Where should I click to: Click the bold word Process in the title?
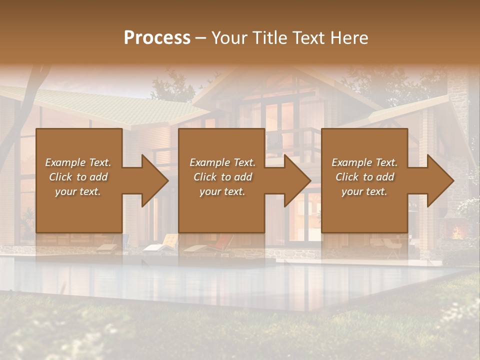point(157,38)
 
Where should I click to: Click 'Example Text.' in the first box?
point(78,162)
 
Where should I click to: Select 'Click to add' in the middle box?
point(222,177)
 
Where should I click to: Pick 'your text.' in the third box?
point(364,191)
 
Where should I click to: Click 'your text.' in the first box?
point(78,191)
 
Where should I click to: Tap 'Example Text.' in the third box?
point(364,162)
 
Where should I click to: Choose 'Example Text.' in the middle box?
point(222,162)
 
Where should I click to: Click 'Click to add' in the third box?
point(364,177)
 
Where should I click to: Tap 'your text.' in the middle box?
point(222,191)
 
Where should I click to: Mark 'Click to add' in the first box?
point(78,177)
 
